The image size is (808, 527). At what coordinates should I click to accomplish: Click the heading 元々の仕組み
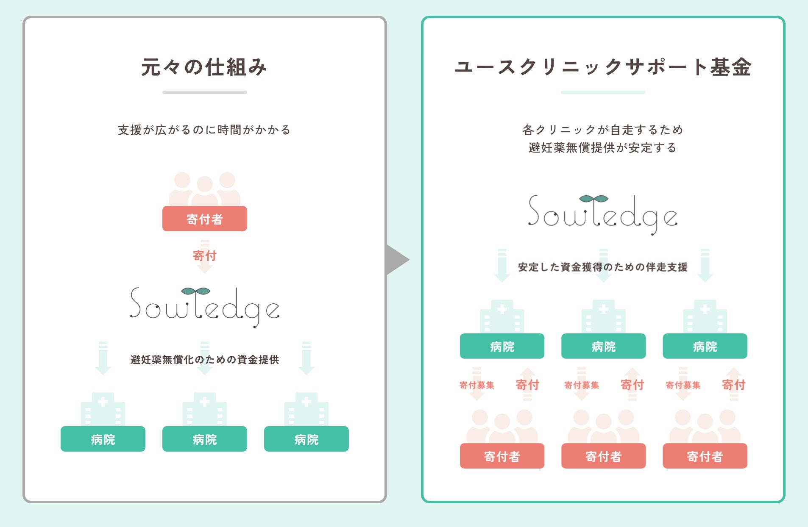click(x=204, y=67)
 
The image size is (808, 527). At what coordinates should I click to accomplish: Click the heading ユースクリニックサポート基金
click(x=603, y=67)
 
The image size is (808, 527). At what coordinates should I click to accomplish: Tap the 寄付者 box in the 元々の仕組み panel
click(x=204, y=219)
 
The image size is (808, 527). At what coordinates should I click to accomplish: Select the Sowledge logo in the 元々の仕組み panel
click(x=204, y=306)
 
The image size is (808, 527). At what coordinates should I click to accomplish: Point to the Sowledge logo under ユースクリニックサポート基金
click(x=602, y=214)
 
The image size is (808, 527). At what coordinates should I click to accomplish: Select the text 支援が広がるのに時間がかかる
click(x=204, y=130)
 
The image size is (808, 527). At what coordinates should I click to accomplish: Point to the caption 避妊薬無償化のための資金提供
click(x=204, y=360)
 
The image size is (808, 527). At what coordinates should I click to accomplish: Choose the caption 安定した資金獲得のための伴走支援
click(x=602, y=267)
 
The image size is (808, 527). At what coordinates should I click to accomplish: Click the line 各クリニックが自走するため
click(x=602, y=130)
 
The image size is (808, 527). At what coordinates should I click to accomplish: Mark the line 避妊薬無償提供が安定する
click(x=602, y=148)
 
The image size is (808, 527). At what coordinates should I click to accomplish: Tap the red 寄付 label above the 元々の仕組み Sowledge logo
click(x=204, y=255)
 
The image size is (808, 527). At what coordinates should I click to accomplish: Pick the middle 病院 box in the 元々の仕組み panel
click(x=204, y=439)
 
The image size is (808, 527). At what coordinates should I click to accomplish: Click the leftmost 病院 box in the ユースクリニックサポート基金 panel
click(x=502, y=346)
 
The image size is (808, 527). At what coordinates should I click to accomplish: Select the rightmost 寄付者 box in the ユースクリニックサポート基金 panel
click(x=705, y=456)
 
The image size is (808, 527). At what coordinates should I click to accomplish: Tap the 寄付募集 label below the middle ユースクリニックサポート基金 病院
click(x=581, y=385)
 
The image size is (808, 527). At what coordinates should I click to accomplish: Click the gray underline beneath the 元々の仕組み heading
click(x=204, y=92)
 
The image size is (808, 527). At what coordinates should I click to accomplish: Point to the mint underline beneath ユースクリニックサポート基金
click(x=603, y=92)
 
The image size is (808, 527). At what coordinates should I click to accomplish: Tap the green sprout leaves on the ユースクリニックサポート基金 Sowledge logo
click(x=593, y=198)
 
